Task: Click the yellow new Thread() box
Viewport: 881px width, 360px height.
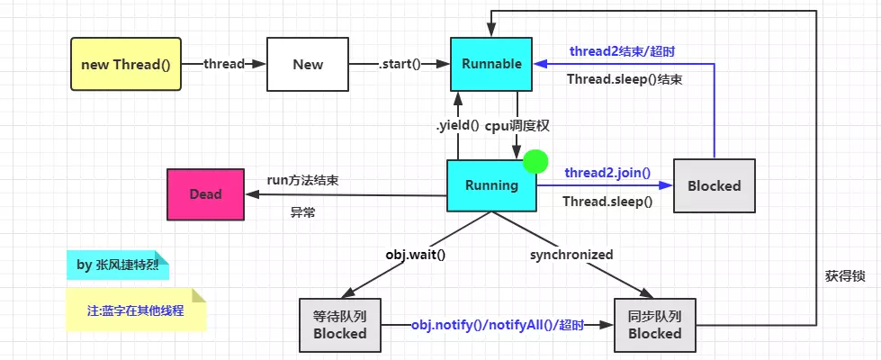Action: (125, 64)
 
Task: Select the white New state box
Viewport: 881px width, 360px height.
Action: (308, 64)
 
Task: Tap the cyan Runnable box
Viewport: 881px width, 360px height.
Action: (491, 64)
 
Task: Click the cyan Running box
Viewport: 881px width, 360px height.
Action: (491, 185)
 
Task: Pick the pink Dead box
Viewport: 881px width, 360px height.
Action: (205, 193)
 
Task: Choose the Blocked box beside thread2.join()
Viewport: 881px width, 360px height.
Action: (714, 185)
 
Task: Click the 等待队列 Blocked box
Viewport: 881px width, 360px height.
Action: (339, 324)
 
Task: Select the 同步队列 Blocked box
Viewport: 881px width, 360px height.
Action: (654, 324)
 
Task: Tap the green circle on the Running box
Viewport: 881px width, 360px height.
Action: (535, 162)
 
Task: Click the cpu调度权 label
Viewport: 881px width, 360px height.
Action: (517, 125)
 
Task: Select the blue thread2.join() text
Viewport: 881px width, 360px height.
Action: (607, 172)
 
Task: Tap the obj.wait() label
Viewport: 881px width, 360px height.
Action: (416, 255)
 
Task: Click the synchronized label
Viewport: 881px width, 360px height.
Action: (571, 255)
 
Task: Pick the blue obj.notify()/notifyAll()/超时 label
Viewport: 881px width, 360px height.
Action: (498, 324)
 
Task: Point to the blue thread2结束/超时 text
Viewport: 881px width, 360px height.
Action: (622, 51)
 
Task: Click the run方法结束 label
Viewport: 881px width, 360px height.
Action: (303, 180)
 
